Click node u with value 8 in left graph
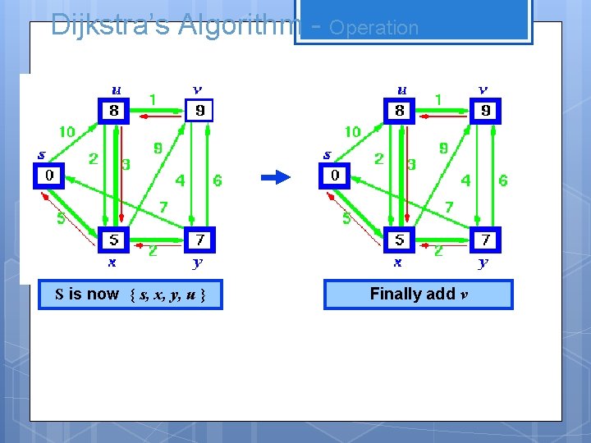tap(114, 111)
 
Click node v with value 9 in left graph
tap(199, 110)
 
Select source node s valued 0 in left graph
tap(48, 176)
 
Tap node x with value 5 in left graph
tap(114, 240)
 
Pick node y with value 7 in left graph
tap(199, 240)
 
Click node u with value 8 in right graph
tap(400, 111)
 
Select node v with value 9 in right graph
tap(485, 110)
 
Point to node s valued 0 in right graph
tap(334, 176)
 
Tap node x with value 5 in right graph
tap(400, 240)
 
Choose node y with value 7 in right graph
tap(485, 240)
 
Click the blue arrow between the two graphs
tap(277, 176)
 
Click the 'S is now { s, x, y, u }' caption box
tap(130, 295)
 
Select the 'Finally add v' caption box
tap(419, 295)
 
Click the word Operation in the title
tap(373, 27)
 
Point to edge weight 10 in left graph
tap(66, 131)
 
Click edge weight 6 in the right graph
tap(502, 180)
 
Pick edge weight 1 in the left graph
tap(153, 99)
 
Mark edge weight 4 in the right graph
tap(465, 180)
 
